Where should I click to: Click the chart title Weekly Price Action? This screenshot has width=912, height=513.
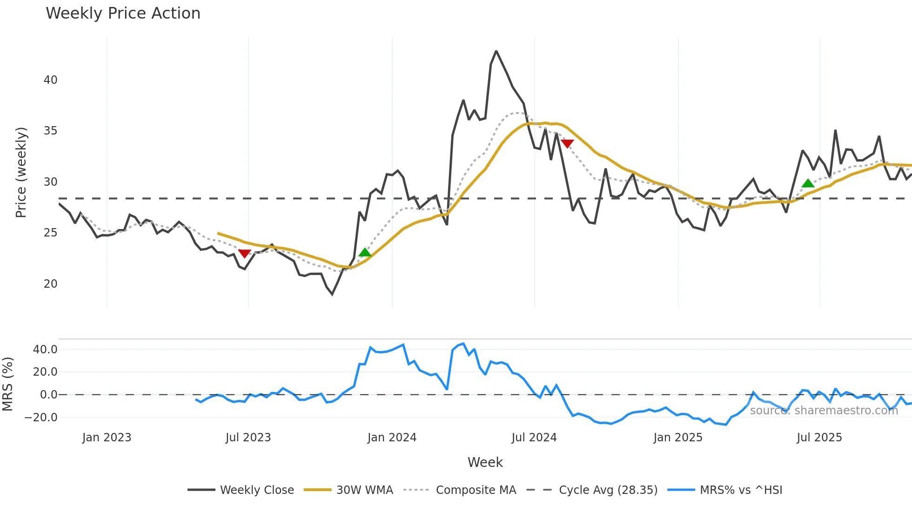click(x=123, y=13)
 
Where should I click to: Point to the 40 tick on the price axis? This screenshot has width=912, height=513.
click(x=51, y=80)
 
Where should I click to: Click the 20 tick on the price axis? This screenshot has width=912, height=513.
click(x=51, y=284)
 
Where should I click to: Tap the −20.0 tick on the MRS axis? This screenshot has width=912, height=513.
click(x=41, y=418)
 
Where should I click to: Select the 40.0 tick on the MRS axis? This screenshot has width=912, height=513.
click(x=45, y=350)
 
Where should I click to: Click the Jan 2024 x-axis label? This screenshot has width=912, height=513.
click(x=392, y=438)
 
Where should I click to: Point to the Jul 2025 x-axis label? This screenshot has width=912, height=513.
click(x=819, y=438)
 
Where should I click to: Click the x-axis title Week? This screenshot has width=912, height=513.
click(x=485, y=462)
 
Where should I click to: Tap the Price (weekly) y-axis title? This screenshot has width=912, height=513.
click(x=21, y=172)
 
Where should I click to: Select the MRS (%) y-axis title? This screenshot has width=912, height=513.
click(x=7, y=384)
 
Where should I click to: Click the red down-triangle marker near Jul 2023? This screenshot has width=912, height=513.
click(x=245, y=253)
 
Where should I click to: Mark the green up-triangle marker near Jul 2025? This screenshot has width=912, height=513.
click(x=808, y=183)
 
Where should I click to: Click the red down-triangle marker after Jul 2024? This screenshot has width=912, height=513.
click(x=567, y=143)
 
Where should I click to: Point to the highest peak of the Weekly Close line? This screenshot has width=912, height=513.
click(x=496, y=51)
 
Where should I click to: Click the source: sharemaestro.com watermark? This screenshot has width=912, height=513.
click(x=824, y=411)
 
